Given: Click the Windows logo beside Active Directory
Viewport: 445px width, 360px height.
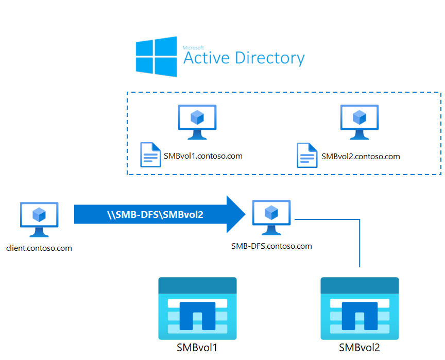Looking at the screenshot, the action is [157, 57].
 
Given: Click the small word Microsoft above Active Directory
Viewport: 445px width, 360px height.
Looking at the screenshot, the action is [193, 48].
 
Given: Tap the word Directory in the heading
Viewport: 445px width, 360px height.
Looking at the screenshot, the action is [270, 58].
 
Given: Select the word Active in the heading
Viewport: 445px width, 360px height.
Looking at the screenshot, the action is [207, 58].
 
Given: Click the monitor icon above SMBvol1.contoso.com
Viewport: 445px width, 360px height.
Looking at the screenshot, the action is [197, 122].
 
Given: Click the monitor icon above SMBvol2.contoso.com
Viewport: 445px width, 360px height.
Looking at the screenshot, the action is [360, 122].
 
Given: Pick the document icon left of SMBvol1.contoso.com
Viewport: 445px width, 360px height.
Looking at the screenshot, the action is [150, 155].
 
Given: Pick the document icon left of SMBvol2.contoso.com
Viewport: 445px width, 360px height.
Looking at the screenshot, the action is [307, 155].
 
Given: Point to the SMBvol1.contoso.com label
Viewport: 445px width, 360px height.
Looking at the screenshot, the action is [203, 156].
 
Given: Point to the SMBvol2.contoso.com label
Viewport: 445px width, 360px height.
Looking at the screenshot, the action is [361, 157].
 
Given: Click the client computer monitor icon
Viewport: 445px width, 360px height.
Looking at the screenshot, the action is [39, 219].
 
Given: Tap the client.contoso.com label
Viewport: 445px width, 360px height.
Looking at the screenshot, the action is [39, 248].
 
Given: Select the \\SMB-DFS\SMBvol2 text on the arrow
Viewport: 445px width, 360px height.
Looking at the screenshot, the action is [155, 215].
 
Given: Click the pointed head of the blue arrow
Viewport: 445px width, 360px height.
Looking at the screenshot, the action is [245, 214].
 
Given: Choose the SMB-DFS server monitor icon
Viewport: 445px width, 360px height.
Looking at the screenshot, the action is [271, 217].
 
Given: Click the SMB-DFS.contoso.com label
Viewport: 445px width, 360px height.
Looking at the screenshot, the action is [271, 246].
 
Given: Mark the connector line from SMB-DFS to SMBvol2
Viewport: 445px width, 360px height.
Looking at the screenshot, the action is [360, 219].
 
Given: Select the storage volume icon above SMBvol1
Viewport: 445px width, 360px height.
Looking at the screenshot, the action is [198, 308].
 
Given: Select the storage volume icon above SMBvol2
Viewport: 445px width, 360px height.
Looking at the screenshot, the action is [360, 308].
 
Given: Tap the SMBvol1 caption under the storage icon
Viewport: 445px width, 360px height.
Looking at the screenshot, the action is [197, 348].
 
